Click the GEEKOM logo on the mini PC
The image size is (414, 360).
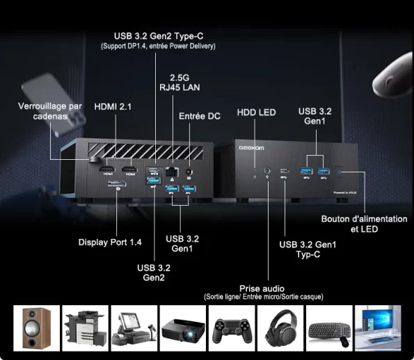[251, 148]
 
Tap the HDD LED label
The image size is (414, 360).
[256, 113]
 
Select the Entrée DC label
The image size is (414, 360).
[200, 116]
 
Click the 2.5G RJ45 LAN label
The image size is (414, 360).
[180, 83]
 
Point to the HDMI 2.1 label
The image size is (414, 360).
[113, 107]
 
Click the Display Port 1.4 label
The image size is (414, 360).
[110, 243]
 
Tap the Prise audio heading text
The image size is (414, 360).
[262, 288]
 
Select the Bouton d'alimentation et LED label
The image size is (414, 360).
[364, 224]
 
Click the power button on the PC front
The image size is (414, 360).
[340, 172]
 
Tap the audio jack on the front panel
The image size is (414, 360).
[267, 170]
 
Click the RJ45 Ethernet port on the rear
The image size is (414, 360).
[172, 172]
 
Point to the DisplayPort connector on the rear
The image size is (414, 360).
[117, 183]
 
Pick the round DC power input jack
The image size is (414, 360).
[189, 172]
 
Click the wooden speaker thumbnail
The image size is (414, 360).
[36, 328]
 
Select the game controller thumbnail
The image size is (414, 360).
[232, 328]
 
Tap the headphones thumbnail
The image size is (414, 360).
[280, 328]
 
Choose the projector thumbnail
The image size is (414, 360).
[183, 328]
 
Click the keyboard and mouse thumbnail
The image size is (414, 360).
[329, 328]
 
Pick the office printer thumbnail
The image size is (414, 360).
[86, 328]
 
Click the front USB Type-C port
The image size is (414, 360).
[285, 171]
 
